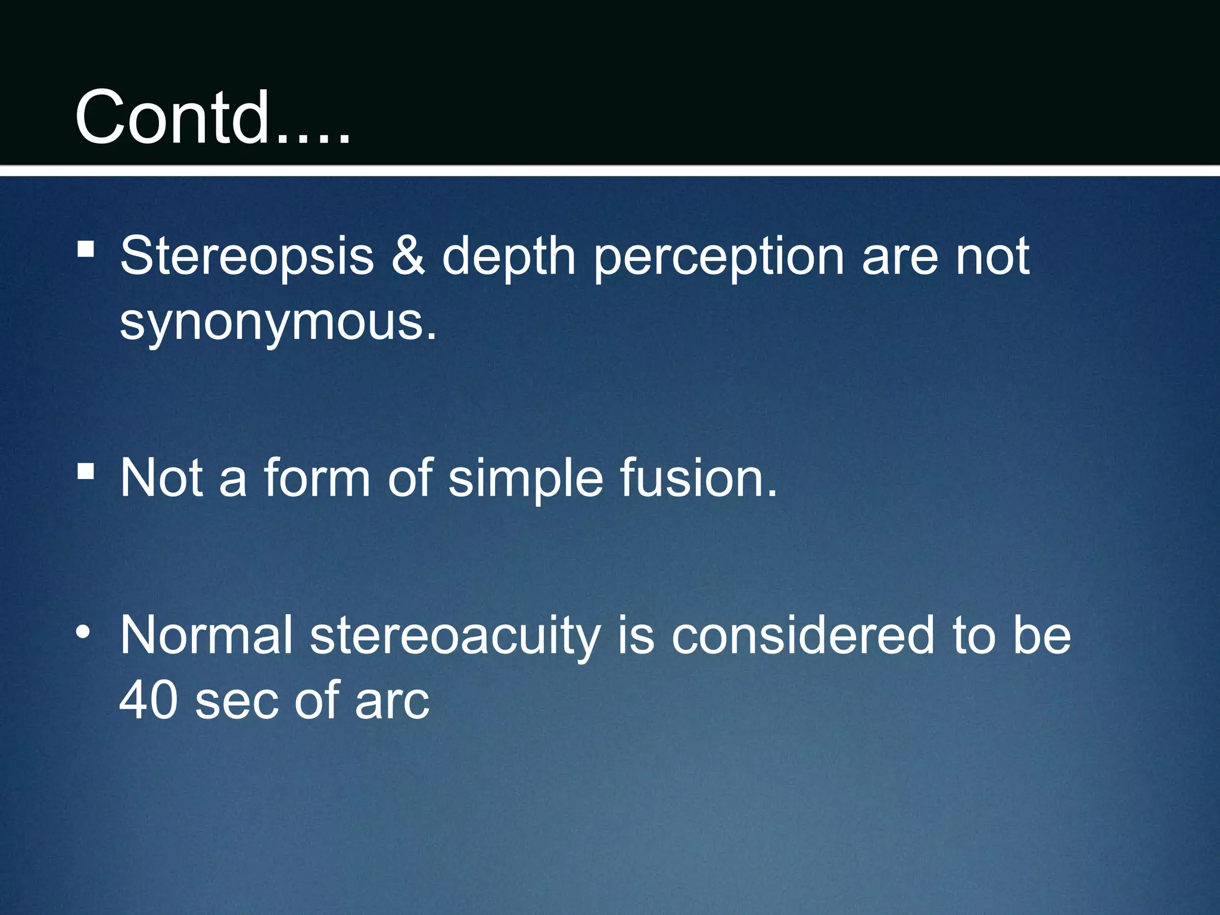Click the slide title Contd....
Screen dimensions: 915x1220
point(211,117)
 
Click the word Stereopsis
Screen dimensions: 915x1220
point(247,257)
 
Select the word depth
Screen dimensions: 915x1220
point(508,257)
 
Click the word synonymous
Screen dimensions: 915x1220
point(278,323)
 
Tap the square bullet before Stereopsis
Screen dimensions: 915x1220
point(86,248)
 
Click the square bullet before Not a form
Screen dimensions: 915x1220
point(86,471)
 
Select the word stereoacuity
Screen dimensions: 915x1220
point(455,636)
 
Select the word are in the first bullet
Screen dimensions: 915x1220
point(900,257)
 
